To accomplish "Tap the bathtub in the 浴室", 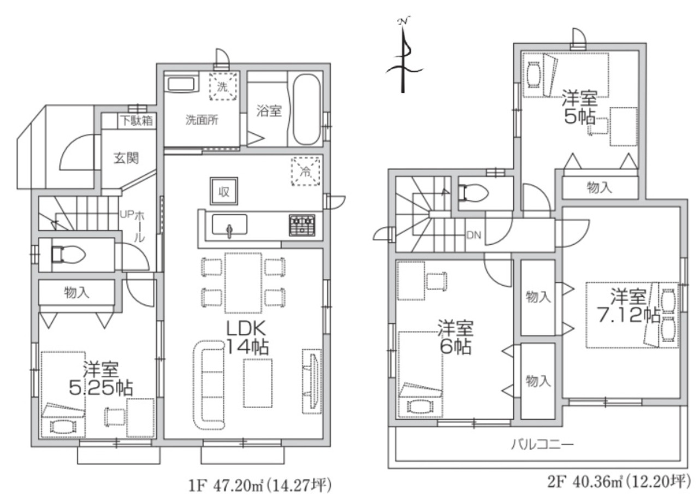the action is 306,109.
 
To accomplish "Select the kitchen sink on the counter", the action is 229,225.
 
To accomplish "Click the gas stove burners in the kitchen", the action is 302,225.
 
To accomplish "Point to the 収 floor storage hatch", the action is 224,191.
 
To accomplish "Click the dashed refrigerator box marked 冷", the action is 305,172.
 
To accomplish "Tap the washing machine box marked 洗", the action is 223,86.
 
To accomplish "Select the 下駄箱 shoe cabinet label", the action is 137,121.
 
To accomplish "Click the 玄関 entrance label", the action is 126,158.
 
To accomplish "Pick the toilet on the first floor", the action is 68,255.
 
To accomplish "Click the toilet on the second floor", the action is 473,192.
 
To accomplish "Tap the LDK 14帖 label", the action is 246,338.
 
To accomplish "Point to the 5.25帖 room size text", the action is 100,388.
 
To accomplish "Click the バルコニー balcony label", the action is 542,444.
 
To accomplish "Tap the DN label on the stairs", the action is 473,235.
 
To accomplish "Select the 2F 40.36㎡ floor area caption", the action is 619,481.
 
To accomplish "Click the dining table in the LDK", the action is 243,283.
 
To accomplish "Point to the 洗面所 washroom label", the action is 202,120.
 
